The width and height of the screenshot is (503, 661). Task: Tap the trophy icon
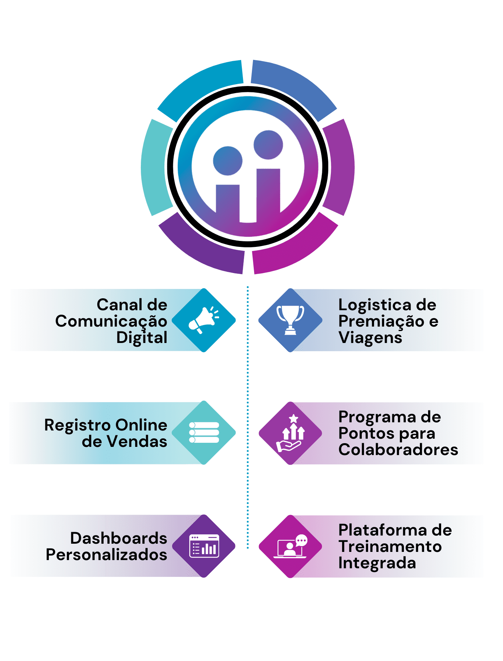[290, 320]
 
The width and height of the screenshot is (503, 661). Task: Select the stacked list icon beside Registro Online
[204, 432]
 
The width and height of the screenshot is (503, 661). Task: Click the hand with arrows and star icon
[291, 433]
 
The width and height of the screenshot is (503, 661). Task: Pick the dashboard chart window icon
[204, 546]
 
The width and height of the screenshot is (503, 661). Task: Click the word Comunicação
[111, 321]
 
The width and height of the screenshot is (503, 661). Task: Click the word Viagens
[370, 338]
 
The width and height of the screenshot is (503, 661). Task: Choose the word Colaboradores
[398, 450]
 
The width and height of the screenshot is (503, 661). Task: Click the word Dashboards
[118, 538]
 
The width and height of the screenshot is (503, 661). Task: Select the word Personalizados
[106, 555]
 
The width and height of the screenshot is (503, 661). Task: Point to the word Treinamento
[390, 547]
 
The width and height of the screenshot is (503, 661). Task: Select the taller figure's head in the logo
[268, 144]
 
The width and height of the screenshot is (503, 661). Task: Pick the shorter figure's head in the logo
[228, 161]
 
